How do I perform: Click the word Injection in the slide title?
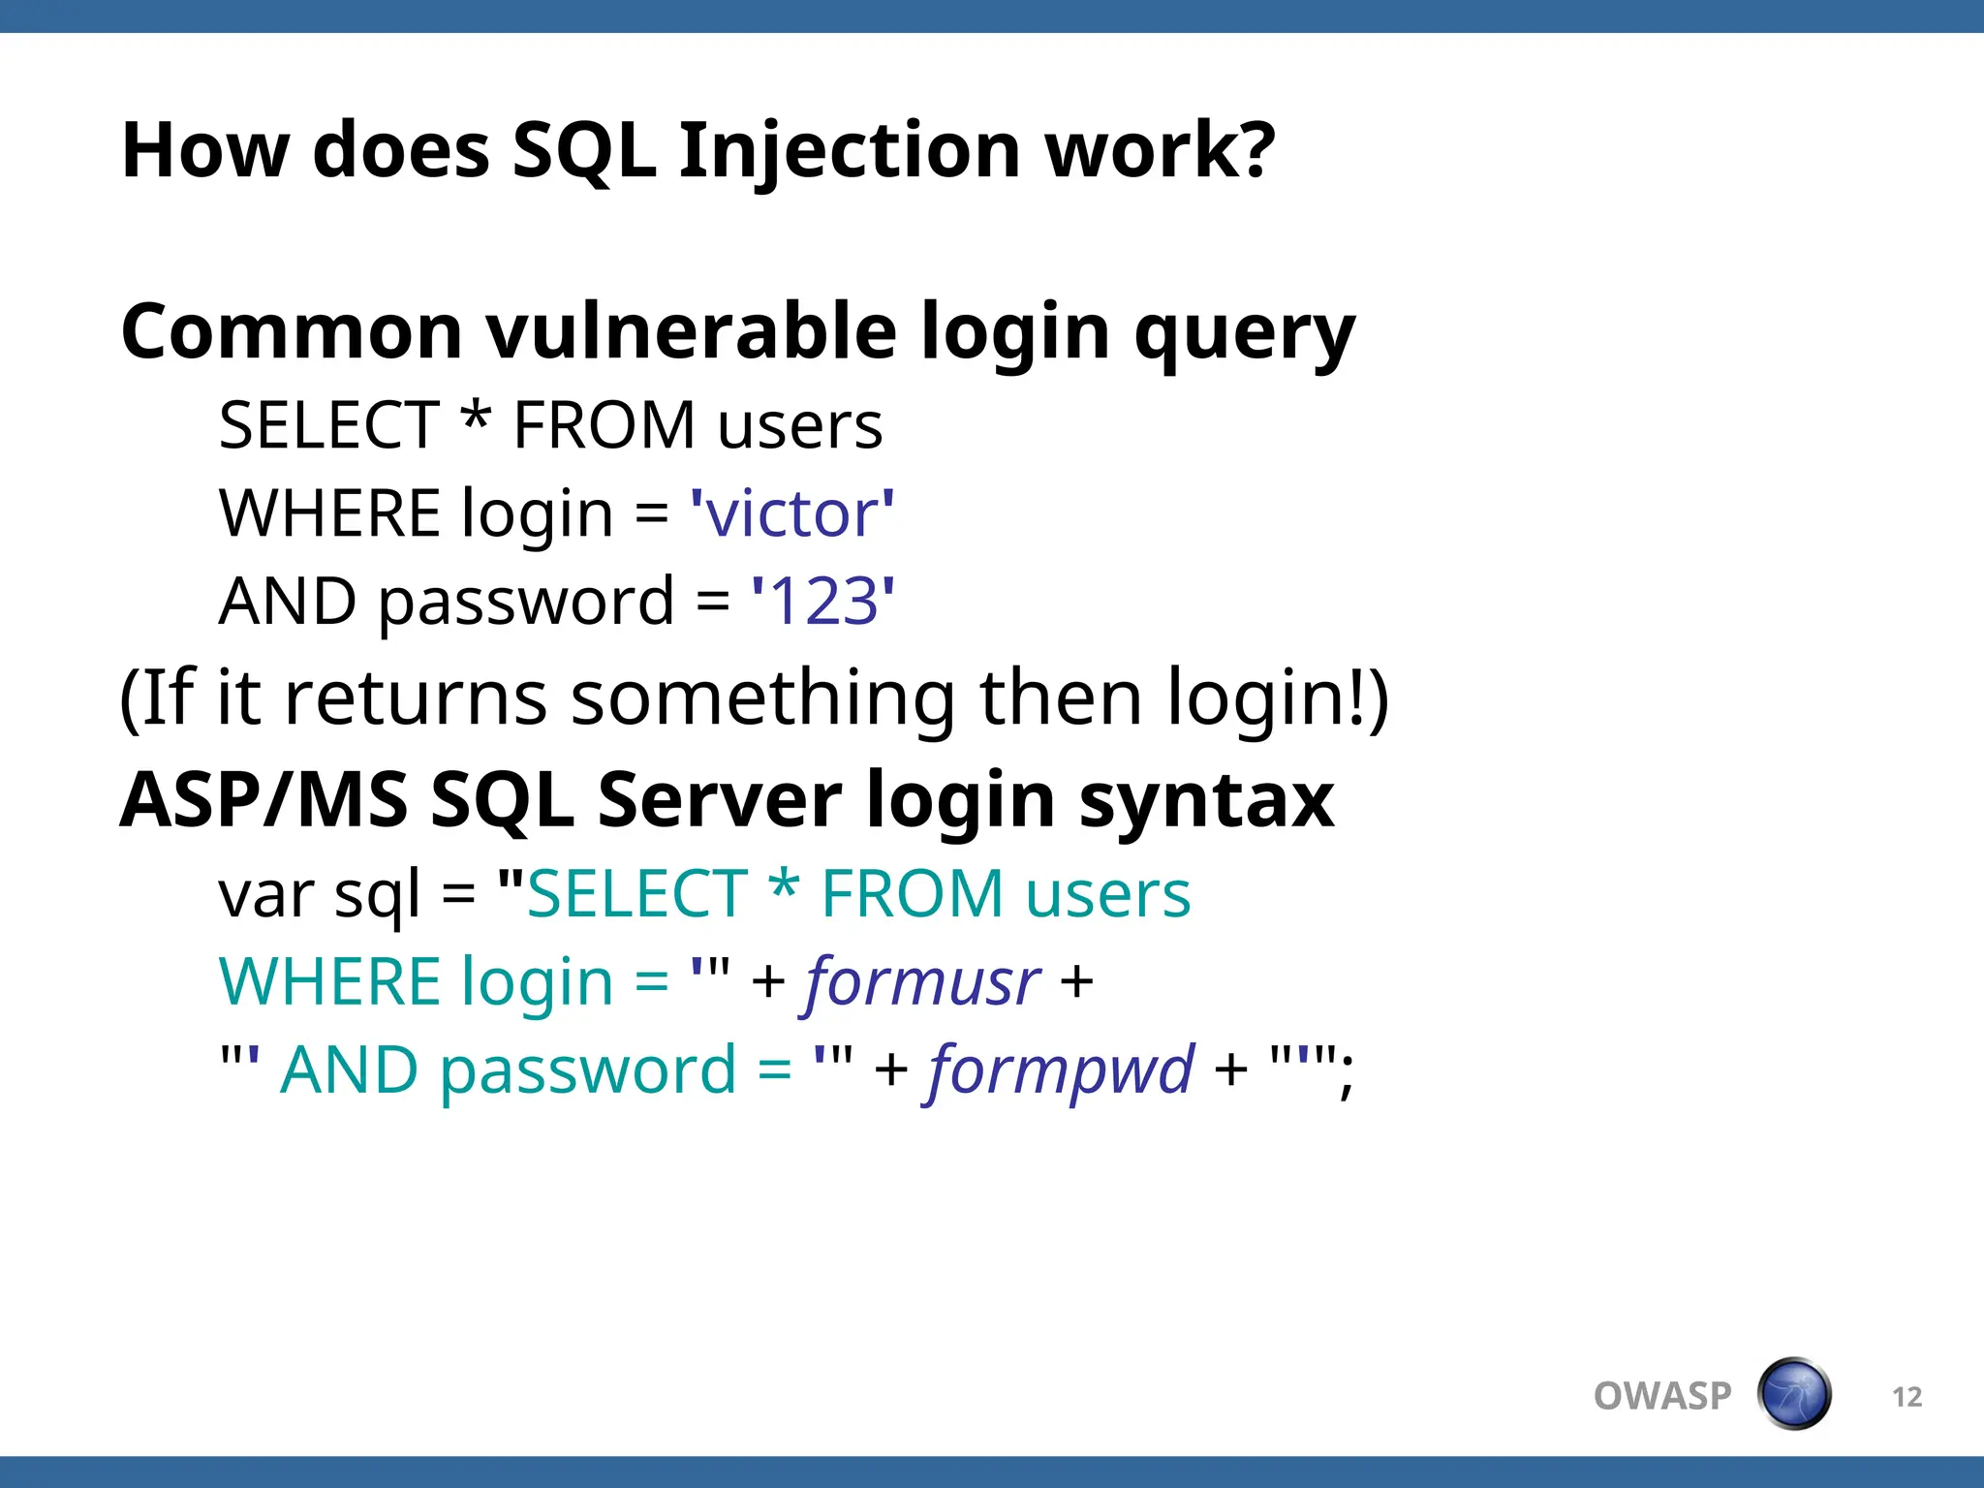click(849, 152)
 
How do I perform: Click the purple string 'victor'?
click(791, 513)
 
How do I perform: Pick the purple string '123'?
click(823, 602)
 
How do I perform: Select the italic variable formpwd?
click(1061, 1070)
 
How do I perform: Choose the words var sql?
click(320, 894)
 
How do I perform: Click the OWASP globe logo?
click(1793, 1394)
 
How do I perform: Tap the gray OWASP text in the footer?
click(1662, 1396)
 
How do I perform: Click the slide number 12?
click(1906, 1397)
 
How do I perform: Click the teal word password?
click(588, 1070)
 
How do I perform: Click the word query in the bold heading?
click(1244, 331)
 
